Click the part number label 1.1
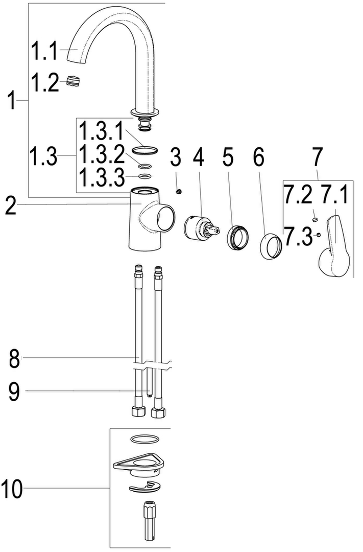pos(44,50)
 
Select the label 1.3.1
pos(101,131)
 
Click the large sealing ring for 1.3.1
pos(144,150)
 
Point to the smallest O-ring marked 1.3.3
pos(144,176)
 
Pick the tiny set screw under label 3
pos(179,192)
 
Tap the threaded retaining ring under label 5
pos(238,238)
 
